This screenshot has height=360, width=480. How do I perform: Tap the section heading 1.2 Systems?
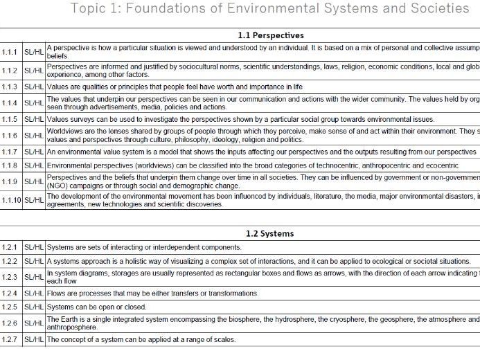269,233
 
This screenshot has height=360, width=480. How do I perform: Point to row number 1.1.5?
10,119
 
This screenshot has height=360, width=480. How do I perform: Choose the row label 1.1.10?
11,199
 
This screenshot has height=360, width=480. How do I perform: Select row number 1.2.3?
10,277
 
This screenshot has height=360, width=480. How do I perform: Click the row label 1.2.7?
10,339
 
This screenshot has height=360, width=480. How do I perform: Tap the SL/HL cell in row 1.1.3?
33,87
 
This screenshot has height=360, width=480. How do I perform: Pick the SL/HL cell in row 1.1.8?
33,165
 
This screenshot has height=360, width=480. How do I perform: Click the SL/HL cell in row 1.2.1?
33,247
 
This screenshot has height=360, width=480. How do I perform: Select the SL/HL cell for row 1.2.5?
33,307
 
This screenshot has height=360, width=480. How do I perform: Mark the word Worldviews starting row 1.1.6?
64,132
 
